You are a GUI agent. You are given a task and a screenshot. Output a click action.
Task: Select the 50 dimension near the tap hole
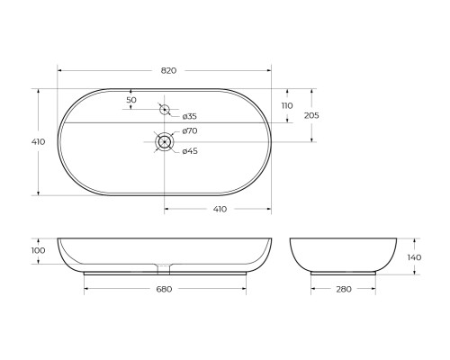pos(131,99)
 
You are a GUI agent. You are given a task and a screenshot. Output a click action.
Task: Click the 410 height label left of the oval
pos(39,141)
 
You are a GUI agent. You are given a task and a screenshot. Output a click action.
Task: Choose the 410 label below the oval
pos(219,208)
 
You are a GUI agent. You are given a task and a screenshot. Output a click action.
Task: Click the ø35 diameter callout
pos(189,117)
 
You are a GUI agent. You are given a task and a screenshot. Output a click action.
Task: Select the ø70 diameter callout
pos(189,132)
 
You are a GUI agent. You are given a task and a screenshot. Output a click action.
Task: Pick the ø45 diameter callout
pos(189,150)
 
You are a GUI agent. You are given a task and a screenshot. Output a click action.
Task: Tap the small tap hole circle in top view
pos(164,111)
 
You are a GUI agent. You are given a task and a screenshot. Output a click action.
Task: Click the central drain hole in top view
pos(165,141)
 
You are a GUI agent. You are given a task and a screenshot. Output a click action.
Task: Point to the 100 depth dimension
pos(39,251)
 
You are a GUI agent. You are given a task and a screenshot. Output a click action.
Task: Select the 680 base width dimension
pos(164,289)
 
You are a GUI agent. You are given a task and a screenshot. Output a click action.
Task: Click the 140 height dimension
pos(415,256)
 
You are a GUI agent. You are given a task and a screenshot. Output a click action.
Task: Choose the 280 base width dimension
pos(343,289)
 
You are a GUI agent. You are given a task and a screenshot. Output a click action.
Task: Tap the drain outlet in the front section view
pos(165,267)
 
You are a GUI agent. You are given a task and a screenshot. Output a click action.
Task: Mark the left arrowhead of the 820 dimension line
pos(60,70)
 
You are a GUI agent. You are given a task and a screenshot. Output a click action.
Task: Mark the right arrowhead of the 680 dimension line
pos(244,289)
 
